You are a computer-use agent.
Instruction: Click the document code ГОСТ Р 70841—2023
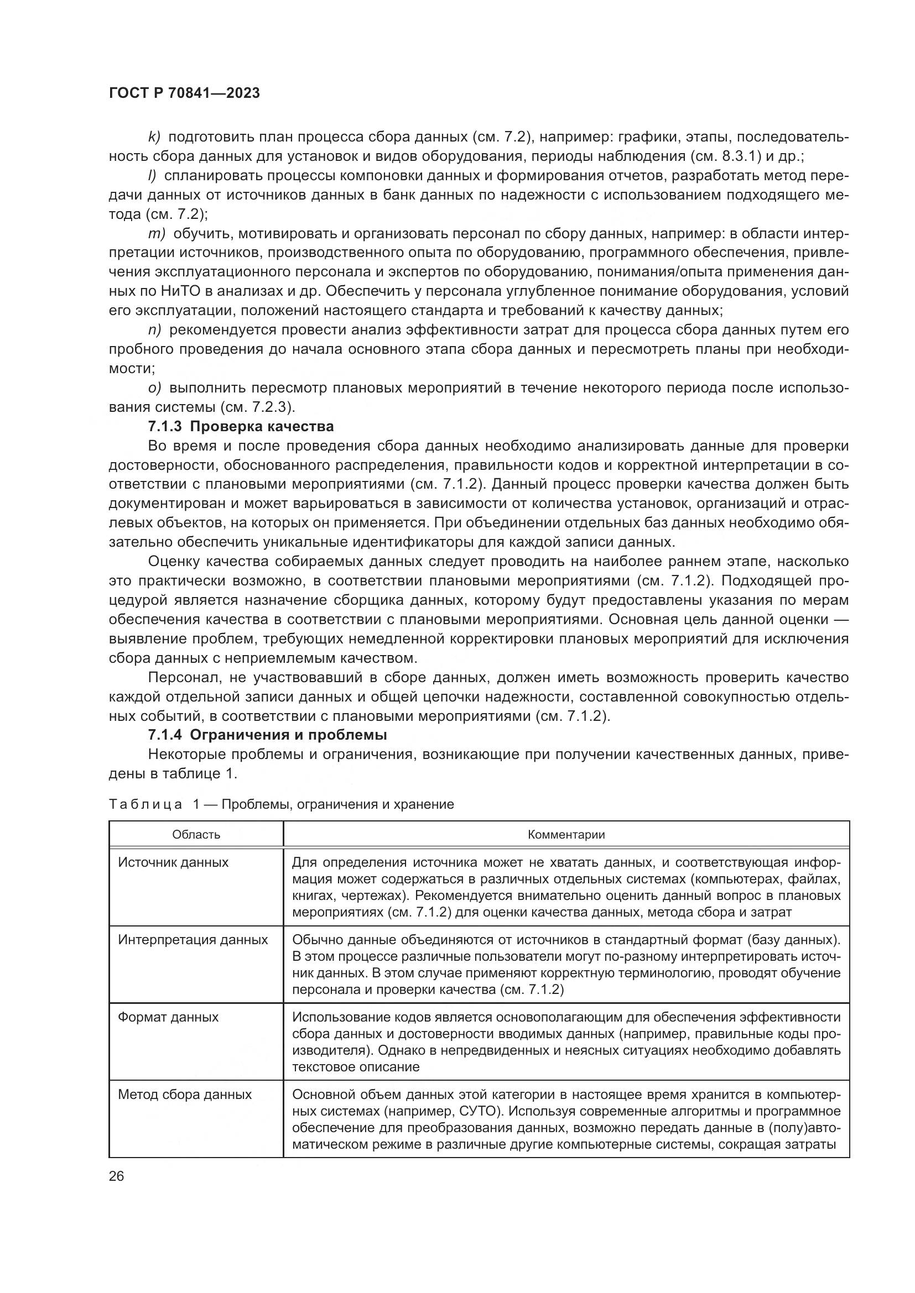(x=184, y=93)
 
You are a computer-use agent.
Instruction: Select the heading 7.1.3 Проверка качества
(x=241, y=426)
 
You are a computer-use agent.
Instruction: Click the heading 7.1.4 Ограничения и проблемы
(x=267, y=735)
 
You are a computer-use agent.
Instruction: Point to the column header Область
(x=196, y=835)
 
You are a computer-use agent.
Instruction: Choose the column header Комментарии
(x=566, y=835)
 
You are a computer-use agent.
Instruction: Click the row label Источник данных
(x=173, y=863)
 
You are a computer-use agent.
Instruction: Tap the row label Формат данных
(x=168, y=1018)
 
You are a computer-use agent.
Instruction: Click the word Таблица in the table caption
(x=145, y=804)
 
